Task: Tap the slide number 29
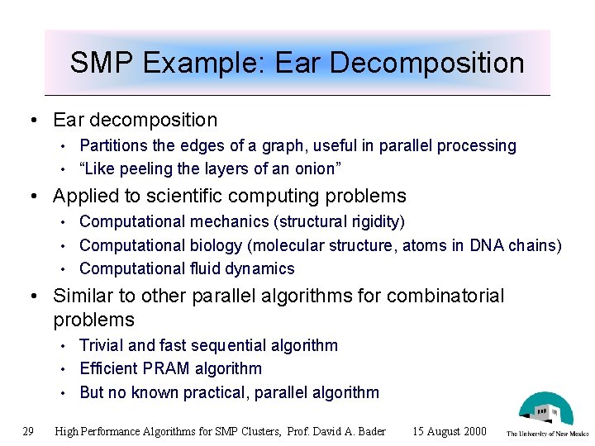tap(28, 431)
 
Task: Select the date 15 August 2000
tap(450, 431)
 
